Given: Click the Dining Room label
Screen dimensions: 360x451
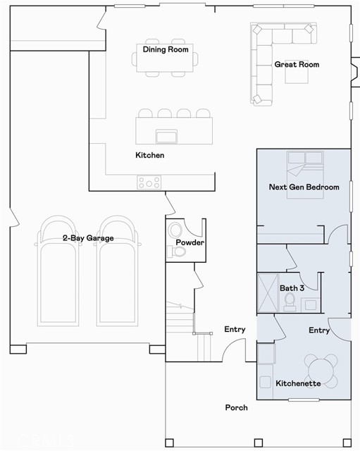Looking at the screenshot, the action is pyautogui.click(x=166, y=49).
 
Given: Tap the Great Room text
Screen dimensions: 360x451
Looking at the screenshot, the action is pyautogui.click(x=297, y=64).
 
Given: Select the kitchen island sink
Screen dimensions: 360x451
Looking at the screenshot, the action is pyautogui.click(x=166, y=136).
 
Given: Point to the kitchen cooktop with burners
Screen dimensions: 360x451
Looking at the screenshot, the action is pyautogui.click(x=149, y=183).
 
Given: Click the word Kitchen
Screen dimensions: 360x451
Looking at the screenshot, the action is pyautogui.click(x=150, y=155).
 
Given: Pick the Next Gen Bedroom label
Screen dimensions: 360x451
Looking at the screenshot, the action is pyautogui.click(x=304, y=187).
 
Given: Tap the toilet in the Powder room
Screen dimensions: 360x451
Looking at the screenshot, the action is pyautogui.click(x=177, y=252).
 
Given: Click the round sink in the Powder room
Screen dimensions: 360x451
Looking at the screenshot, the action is pyautogui.click(x=175, y=230).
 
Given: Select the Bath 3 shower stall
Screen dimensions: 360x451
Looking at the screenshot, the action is pyautogui.click(x=268, y=293).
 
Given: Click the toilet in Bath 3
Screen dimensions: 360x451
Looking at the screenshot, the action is pyautogui.click(x=290, y=302).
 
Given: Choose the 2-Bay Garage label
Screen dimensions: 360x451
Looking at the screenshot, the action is pyautogui.click(x=88, y=238).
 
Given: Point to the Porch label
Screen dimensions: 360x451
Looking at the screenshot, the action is pyautogui.click(x=236, y=407).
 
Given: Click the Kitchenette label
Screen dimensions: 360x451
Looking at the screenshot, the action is pyautogui.click(x=298, y=383).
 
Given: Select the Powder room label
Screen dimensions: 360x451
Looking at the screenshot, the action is pyautogui.click(x=190, y=242).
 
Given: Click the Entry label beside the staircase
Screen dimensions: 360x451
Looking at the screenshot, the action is pyautogui.click(x=235, y=329).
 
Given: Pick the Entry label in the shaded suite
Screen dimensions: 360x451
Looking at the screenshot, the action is pyautogui.click(x=319, y=330).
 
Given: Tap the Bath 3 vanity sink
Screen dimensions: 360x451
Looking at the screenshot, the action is pyautogui.click(x=311, y=305).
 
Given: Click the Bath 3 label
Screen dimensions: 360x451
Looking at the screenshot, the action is pyautogui.click(x=292, y=288).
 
